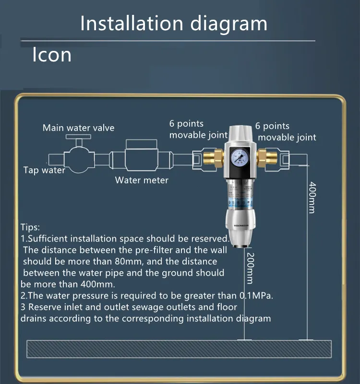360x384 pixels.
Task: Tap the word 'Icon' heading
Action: pos(52,55)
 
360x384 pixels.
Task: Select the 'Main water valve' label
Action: pos(78,128)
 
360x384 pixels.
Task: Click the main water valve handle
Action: pos(78,136)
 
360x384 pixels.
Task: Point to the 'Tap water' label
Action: pos(44,170)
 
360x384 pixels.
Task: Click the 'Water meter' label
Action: pos(142,180)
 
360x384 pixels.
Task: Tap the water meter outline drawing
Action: pos(141,155)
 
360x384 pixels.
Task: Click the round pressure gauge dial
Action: pos(240,156)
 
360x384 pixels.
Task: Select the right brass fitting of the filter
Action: pos(267,159)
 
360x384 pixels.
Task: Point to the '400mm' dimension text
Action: pos(312,197)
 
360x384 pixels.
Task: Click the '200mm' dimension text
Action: pos(250,268)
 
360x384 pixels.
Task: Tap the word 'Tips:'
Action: pos(30,227)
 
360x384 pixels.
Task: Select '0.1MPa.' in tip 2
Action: pos(256,296)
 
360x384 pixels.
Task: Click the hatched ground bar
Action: pos(179,349)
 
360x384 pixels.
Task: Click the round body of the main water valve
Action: pos(79,159)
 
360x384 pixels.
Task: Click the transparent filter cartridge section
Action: pos(240,195)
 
